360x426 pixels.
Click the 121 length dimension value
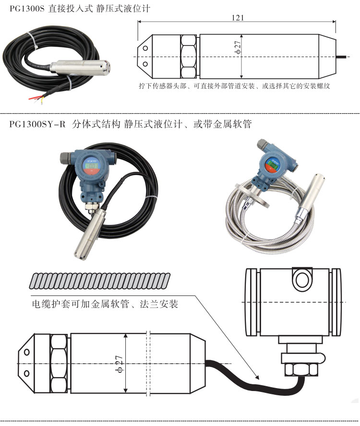point(238,18)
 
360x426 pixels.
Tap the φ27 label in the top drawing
point(238,47)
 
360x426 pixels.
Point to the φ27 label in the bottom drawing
point(120,364)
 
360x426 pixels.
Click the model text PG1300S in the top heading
point(27,9)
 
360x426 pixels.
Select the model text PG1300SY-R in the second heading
point(37,124)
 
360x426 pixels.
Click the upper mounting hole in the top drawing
point(145,48)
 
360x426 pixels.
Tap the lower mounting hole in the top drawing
point(145,64)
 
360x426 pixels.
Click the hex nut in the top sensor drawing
point(188,57)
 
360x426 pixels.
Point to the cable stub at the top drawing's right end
point(343,57)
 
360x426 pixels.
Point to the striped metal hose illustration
point(99,281)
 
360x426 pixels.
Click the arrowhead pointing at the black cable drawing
point(256,376)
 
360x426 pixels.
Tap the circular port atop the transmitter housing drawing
point(302,279)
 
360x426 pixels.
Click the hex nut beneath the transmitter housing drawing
point(301,370)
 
